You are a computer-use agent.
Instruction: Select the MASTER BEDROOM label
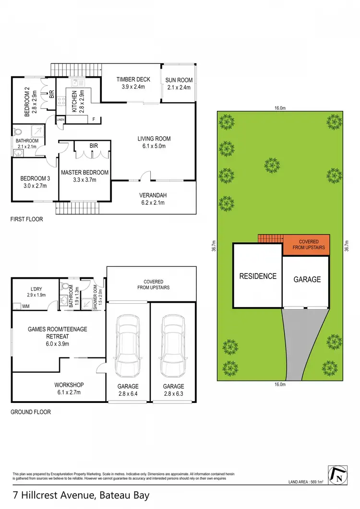84,173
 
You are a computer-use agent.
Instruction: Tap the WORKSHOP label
69,385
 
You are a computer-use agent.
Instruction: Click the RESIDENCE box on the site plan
258,276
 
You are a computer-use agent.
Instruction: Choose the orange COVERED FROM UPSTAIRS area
306,245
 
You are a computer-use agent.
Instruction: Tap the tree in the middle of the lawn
272,166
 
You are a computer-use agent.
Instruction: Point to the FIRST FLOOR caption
27,219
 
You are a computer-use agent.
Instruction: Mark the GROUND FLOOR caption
30,412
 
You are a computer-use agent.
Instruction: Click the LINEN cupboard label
60,119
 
